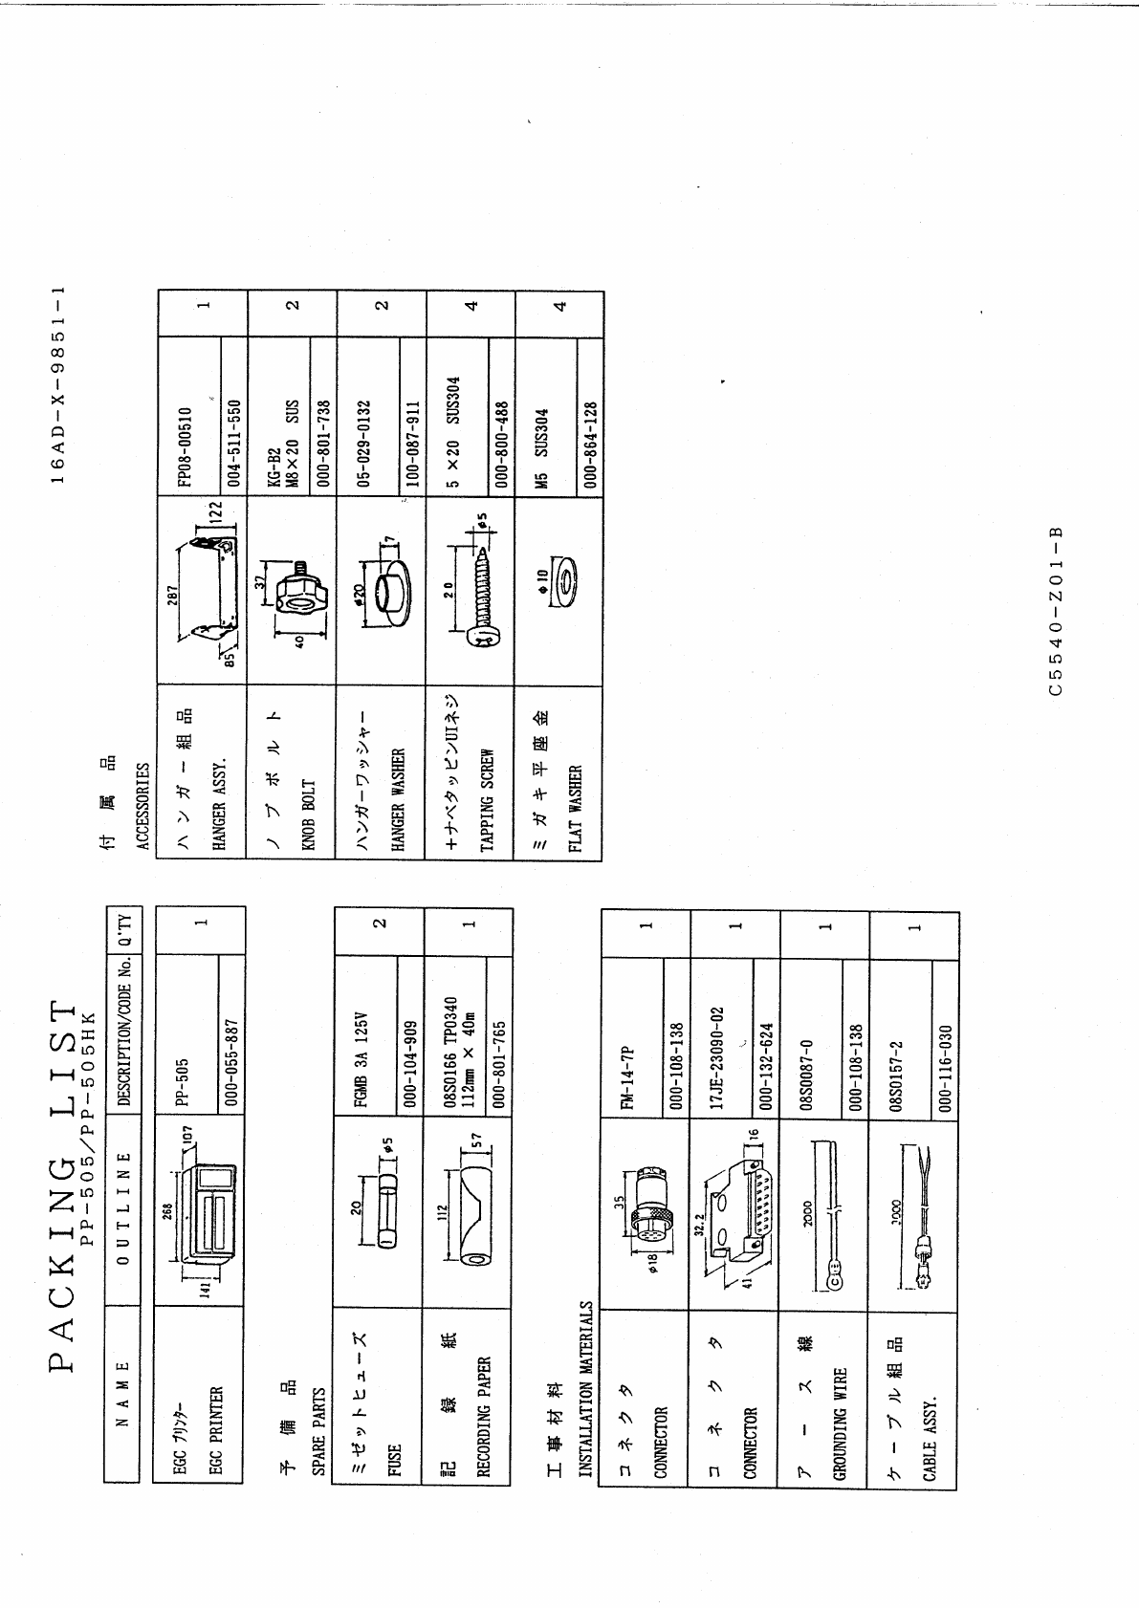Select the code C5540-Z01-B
(x=1056, y=612)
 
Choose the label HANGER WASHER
(x=398, y=798)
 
